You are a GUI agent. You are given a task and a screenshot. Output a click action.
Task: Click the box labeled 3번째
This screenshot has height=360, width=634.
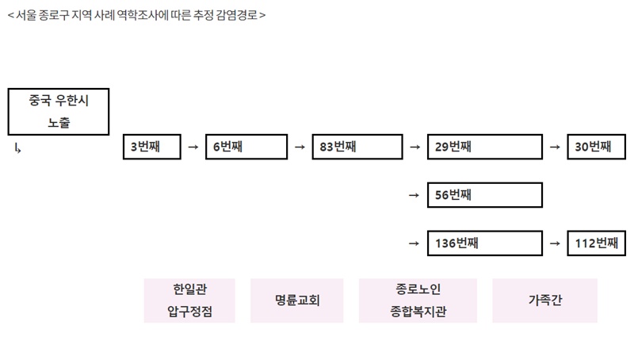coord(152,147)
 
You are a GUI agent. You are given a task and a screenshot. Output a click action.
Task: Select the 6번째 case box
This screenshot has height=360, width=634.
coord(246,147)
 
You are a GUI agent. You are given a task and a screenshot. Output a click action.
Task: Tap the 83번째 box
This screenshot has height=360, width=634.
coord(357,147)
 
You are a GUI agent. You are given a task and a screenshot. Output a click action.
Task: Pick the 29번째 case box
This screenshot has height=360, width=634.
coord(485,147)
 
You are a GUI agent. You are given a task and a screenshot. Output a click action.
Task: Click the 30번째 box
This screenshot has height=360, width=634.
coord(597,147)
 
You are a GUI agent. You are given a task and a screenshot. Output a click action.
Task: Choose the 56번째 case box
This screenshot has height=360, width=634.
coord(485,195)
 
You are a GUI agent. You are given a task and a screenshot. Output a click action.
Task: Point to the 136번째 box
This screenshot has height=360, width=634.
coord(485,243)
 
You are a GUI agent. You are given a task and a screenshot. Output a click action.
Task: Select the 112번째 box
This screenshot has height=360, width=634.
coord(597,243)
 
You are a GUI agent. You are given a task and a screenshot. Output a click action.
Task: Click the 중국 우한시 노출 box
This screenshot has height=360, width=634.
coord(59,112)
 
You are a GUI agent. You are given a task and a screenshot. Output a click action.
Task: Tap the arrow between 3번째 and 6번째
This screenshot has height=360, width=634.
coord(193,147)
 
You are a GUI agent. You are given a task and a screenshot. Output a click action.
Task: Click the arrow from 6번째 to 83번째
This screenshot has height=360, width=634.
coord(300,147)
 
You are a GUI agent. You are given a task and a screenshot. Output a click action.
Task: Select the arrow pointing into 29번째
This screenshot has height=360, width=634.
coord(414,147)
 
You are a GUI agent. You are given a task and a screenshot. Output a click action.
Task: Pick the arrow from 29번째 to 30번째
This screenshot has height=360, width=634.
coord(555,147)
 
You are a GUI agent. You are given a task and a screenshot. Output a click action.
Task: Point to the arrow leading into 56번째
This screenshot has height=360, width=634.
coord(414,195)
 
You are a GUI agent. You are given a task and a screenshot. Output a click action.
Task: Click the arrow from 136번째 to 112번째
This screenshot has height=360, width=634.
coord(555,243)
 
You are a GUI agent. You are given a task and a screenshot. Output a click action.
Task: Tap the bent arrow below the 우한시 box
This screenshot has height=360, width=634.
coord(17,148)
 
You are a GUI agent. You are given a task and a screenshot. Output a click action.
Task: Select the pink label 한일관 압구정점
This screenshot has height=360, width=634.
coord(189,301)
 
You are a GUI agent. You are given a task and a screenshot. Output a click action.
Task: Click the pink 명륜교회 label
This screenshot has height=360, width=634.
coord(296,301)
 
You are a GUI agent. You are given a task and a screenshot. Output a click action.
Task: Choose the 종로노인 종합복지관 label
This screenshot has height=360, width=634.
coord(418,301)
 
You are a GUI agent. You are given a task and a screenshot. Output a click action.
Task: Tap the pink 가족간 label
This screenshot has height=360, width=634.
coord(544,301)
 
